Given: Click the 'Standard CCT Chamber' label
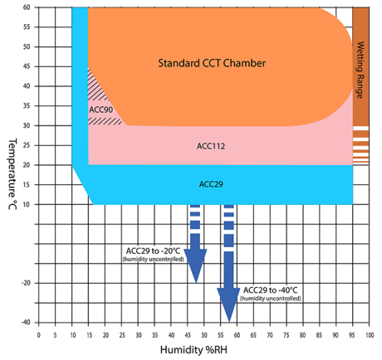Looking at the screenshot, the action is [212, 63].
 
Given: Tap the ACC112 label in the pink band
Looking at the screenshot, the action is [211, 146].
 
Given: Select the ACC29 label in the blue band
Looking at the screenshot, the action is [211, 184].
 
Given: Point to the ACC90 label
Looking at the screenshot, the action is [100, 109].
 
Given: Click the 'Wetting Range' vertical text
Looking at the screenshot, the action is [360, 70].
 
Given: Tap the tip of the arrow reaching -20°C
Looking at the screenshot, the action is [196, 283].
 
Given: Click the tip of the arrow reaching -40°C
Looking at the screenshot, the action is [229, 322].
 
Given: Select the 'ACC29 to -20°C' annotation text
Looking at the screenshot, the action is [153, 251].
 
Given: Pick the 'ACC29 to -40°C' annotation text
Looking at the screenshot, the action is [271, 290].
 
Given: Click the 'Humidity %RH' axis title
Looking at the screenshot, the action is [193, 350].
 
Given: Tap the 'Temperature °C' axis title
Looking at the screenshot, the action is [12, 174].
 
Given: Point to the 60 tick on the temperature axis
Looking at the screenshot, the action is [27, 7].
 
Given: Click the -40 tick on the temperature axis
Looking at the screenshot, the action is [26, 323].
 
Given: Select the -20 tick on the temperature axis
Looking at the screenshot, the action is [26, 283].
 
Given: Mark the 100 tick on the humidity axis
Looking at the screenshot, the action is [370, 335].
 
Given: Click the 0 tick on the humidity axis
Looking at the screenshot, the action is [38, 335].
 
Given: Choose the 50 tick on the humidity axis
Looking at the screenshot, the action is [204, 335].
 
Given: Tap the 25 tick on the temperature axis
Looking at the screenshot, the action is [27, 145].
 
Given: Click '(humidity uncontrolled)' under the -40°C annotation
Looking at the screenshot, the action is [271, 299].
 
